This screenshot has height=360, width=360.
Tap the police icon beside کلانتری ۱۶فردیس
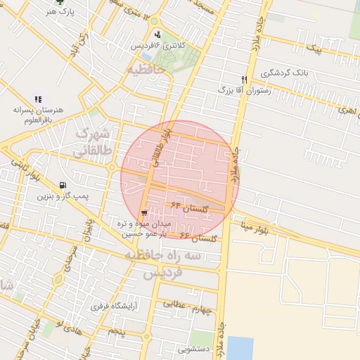pyautogui.click(x=156, y=34)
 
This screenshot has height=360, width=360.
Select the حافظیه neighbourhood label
pyautogui.click(x=150, y=71)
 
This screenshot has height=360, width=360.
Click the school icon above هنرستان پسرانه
pyautogui.click(x=38, y=100)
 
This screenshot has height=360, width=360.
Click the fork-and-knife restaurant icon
pyautogui.click(x=244, y=79)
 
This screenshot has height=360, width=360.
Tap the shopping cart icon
pyautogui.click(x=144, y=213)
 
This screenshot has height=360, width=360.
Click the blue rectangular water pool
pyautogui.click(x=240, y=347)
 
